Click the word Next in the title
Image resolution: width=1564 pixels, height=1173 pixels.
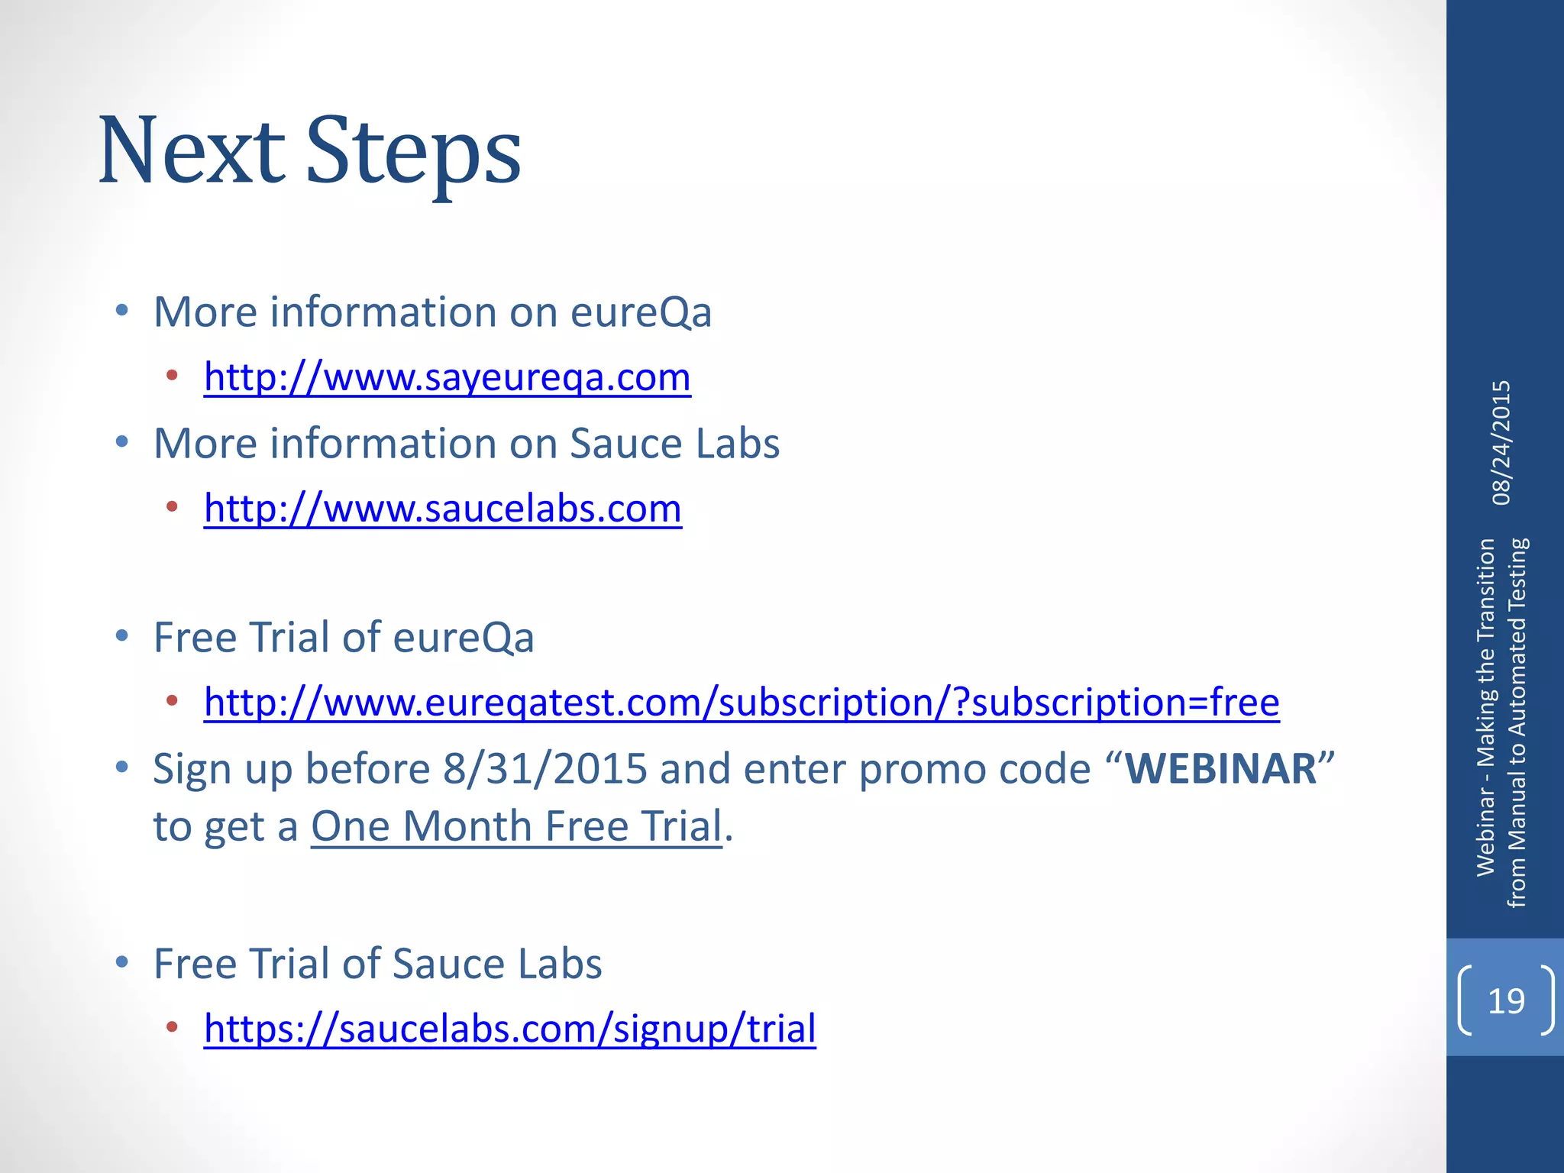(192, 151)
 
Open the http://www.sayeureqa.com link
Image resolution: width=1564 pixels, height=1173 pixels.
(447, 377)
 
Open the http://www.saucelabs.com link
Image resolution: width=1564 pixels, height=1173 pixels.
(442, 509)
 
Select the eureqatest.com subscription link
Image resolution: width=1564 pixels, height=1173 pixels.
(741, 703)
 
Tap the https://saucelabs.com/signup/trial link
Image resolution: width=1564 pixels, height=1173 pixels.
(509, 1029)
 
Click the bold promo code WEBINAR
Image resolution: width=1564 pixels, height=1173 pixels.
(1221, 769)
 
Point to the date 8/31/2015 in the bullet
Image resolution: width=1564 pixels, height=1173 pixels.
(545, 769)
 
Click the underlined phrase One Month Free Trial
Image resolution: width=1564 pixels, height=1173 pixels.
(516, 826)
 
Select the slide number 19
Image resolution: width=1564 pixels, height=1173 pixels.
(1506, 1001)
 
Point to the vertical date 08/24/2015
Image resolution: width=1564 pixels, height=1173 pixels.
(1501, 443)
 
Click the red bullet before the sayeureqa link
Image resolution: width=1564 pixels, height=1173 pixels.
(172, 375)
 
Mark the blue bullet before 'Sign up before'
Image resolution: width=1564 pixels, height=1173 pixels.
(121, 767)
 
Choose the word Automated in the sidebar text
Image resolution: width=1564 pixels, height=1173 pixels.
(1517, 673)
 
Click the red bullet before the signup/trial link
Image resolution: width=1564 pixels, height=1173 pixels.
(172, 1027)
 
